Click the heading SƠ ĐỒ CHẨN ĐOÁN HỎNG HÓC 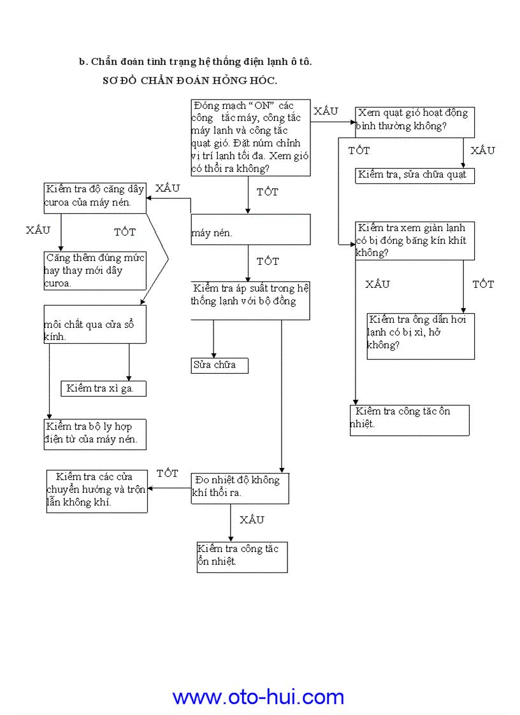pos(189,81)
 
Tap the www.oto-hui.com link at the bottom pos(258,697)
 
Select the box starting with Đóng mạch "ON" pos(250,138)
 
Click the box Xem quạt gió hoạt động pos(414,122)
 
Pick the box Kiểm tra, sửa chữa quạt pos(414,175)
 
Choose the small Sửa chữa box pos(219,365)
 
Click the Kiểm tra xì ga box pos(103,388)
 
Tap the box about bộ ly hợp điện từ pos(95,434)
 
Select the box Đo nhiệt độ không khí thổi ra pos(240,488)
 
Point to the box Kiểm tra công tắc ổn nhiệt pos(242,556)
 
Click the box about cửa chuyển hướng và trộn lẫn pos(97,490)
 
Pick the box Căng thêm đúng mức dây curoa pos(95,271)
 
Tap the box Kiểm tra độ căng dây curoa pos(95,197)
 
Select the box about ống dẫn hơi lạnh pos(421,336)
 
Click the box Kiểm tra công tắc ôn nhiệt pos(409,420)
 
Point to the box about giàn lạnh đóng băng pos(414,241)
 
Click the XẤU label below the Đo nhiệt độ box pos(252,520)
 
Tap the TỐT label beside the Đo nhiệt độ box pos(168,474)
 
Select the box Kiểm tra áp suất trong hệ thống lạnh pos(250,301)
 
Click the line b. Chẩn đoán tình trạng pos(195,62)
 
